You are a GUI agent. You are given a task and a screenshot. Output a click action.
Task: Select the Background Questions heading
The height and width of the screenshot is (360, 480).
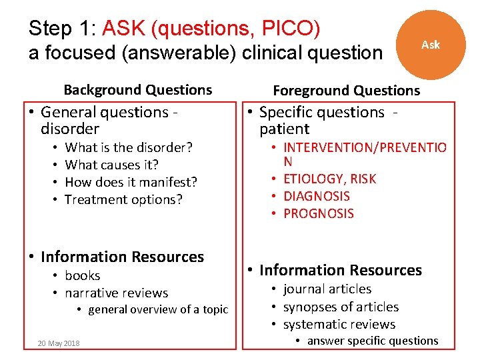click(138, 90)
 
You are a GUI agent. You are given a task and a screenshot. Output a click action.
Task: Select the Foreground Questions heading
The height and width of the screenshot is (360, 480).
click(347, 91)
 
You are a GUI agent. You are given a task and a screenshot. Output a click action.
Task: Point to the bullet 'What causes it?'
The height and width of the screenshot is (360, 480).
click(111, 165)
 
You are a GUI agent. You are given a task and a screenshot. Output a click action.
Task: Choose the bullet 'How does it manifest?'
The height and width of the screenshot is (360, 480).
click(131, 182)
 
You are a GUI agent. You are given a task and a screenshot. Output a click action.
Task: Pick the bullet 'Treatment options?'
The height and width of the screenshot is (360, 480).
click(123, 199)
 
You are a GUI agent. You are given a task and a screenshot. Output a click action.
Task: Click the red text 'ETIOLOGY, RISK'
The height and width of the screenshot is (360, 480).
click(329, 179)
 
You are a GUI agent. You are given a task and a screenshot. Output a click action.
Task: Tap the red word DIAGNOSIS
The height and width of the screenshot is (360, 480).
click(317, 196)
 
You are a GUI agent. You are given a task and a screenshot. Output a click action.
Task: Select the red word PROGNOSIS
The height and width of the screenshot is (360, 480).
click(319, 213)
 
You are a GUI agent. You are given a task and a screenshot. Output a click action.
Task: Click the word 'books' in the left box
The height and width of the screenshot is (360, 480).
click(83, 275)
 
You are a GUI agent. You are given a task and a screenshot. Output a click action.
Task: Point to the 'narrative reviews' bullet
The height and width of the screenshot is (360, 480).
click(116, 293)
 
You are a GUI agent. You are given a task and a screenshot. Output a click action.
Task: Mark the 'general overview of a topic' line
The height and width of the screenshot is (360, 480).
click(158, 309)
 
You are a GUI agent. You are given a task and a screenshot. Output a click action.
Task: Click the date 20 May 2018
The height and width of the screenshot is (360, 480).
click(59, 343)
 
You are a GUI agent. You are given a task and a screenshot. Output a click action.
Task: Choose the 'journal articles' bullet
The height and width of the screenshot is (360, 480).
click(327, 289)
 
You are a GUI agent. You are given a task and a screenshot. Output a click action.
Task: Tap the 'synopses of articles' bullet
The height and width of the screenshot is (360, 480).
click(341, 307)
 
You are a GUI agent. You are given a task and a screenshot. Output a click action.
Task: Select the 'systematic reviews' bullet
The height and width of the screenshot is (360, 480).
click(339, 325)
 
